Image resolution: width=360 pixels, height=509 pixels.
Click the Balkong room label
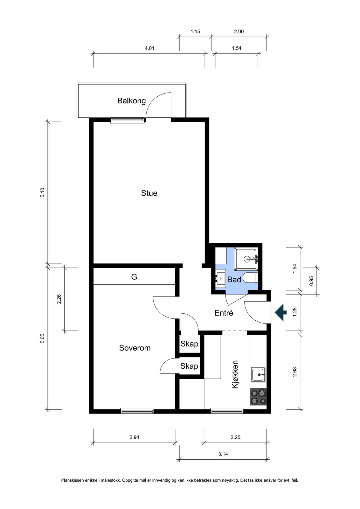(131, 101)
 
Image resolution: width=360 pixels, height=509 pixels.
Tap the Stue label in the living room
(149, 193)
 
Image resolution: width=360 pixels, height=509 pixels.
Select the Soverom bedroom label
(135, 348)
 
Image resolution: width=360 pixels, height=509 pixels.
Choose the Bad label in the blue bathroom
(234, 280)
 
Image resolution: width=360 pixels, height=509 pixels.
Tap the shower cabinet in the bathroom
(246, 259)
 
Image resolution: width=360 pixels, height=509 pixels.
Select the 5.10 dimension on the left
(43, 192)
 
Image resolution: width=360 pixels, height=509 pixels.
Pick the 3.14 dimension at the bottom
(223, 454)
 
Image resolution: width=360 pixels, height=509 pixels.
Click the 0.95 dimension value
(311, 281)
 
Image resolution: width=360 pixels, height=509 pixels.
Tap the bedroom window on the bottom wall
(137, 411)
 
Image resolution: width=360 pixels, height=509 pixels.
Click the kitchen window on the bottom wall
(227, 411)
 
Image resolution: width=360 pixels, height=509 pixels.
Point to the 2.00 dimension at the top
(239, 31)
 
